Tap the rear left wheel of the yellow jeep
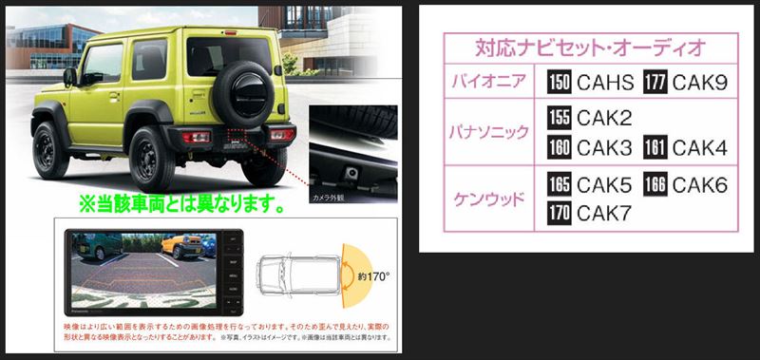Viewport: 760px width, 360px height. coord(151,157)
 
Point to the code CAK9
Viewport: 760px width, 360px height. coord(700,84)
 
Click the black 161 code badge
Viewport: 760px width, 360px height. coord(655,148)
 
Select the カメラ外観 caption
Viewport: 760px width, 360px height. coord(327,198)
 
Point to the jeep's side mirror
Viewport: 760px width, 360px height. coord(69,76)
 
